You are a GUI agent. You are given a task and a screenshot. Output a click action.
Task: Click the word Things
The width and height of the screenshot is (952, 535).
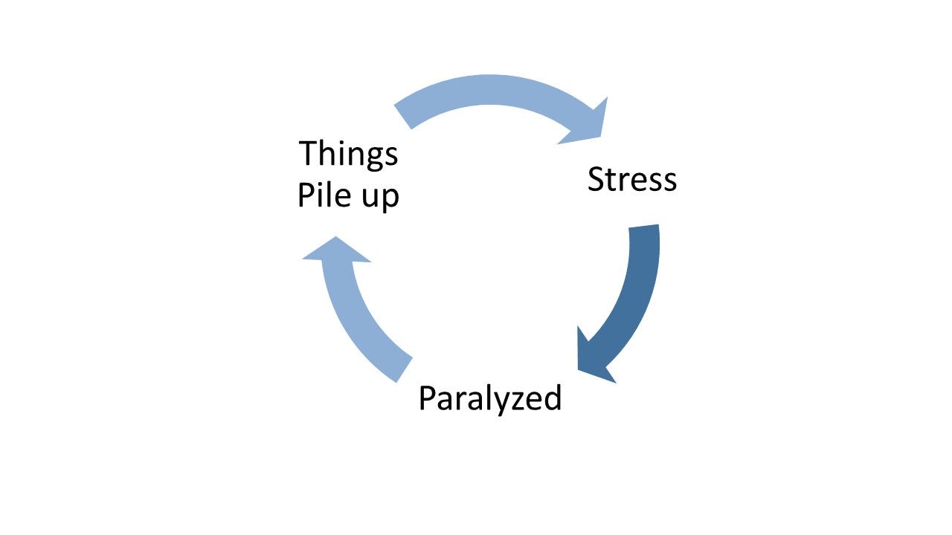(348, 155)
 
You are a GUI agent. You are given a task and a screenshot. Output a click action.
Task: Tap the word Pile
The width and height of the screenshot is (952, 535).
(324, 196)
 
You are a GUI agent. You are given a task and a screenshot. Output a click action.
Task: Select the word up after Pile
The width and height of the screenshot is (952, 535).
(379, 198)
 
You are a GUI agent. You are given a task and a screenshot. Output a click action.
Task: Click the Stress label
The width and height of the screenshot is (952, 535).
(632, 180)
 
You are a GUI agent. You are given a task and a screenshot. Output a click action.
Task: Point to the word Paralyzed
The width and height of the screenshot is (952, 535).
(489, 399)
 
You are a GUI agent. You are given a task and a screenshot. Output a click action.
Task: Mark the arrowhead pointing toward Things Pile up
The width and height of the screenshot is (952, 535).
(335, 253)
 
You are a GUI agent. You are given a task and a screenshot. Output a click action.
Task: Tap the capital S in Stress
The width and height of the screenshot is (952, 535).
(596, 180)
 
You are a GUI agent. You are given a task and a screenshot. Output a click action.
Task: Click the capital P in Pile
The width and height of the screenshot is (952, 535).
(305, 196)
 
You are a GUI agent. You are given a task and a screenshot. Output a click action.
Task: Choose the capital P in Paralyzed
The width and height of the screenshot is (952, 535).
(426, 399)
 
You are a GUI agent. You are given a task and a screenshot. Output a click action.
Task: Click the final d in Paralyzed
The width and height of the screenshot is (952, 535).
(552, 399)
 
